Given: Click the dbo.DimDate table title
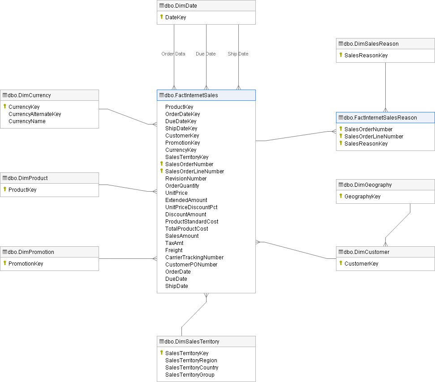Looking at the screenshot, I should tap(181, 6).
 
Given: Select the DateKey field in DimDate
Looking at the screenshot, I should tap(176, 17).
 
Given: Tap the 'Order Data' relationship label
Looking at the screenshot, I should tap(173, 54).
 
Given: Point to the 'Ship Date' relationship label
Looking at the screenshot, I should tap(238, 54).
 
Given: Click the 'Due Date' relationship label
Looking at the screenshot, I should tap(206, 54).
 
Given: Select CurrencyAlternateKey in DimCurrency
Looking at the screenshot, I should tap(35, 114).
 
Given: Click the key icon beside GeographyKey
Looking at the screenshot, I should tap(340, 196).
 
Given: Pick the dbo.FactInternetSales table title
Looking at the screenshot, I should tap(191, 95).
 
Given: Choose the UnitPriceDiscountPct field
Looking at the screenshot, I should tap(191, 207).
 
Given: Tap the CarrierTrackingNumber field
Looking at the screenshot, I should tap(194, 258).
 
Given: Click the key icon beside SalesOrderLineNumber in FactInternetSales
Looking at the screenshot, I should tap(161, 171).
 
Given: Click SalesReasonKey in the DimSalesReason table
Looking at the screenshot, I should tap(366, 56).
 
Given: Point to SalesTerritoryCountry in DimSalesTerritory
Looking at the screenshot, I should tap(192, 368).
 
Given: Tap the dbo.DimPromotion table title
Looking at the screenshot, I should tap(31, 252).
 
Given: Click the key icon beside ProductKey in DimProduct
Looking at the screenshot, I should tap(4, 189).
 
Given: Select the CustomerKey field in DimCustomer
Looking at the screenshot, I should tap(361, 264).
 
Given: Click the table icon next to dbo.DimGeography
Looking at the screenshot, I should tap(340, 185).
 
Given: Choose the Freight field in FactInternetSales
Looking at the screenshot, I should tap(174, 250).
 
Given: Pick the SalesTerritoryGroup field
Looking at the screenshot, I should tap(190, 375).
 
